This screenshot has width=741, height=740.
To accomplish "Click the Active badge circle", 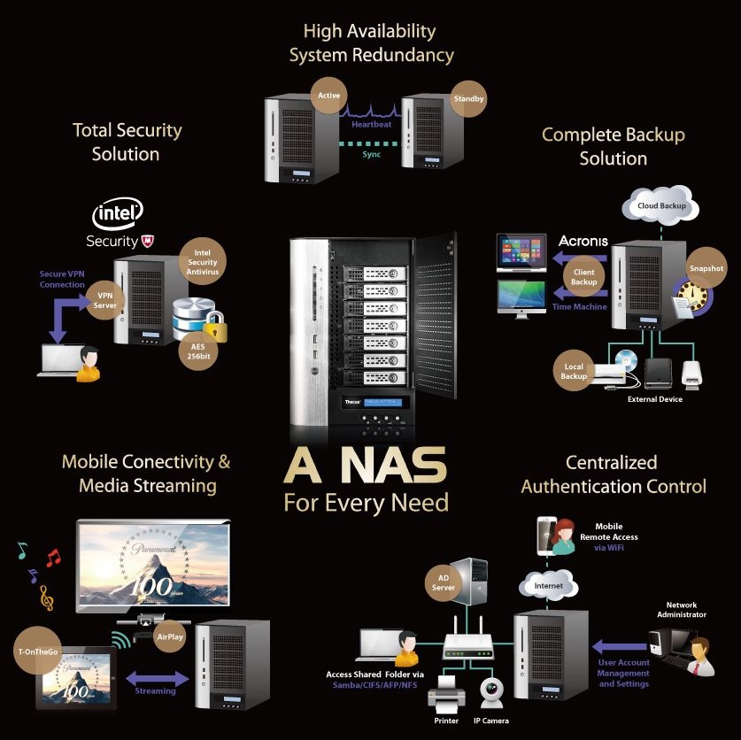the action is click(x=329, y=96).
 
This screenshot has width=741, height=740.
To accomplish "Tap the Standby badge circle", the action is click(x=468, y=98).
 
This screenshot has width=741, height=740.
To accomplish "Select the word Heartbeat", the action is click(x=372, y=124).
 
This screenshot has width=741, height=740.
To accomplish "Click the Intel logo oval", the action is click(x=118, y=213).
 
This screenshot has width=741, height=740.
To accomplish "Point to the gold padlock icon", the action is click(x=215, y=326).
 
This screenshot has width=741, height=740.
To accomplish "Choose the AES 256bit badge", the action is click(x=198, y=351).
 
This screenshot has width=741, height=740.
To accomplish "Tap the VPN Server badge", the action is click(x=105, y=300).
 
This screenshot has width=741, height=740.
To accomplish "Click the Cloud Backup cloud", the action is click(x=660, y=205).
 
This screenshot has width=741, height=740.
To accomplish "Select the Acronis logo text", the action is click(x=583, y=241).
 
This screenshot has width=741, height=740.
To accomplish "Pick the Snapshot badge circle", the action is click(x=706, y=268).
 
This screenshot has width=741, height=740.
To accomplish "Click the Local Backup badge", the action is click(x=574, y=371).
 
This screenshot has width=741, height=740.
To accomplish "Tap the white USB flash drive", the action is click(x=691, y=375).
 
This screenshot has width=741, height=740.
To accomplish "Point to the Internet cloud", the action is click(x=548, y=585).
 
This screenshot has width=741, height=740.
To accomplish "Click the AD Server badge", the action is click(x=444, y=582).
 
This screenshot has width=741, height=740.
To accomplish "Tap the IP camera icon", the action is click(x=491, y=693).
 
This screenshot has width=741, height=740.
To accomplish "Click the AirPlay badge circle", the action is click(x=170, y=636).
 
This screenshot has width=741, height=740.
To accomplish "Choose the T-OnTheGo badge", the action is click(x=38, y=651).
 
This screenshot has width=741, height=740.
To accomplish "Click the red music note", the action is click(x=53, y=558).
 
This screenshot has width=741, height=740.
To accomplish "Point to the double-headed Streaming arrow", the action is click(x=157, y=679).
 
